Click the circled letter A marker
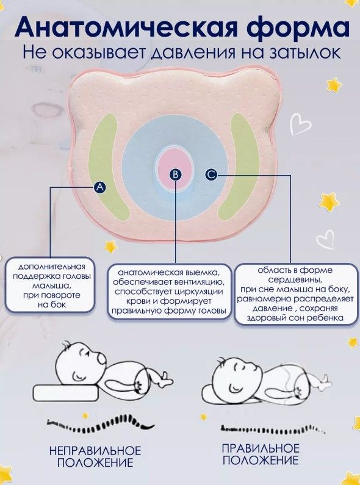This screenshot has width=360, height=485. click(x=99, y=187)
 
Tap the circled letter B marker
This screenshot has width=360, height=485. click(x=175, y=175)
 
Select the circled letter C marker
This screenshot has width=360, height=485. click(x=211, y=174)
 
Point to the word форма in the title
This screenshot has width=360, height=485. click(x=298, y=27)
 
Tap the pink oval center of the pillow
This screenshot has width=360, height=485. click(x=175, y=168)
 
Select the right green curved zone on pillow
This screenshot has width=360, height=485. click(x=240, y=165)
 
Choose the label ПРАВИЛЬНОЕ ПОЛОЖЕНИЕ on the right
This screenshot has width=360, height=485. click(x=261, y=454)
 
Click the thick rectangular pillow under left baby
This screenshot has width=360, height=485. click(x=66, y=392)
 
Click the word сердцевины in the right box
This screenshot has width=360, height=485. click(x=295, y=280)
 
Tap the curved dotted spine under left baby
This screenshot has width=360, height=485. click(x=101, y=425)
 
